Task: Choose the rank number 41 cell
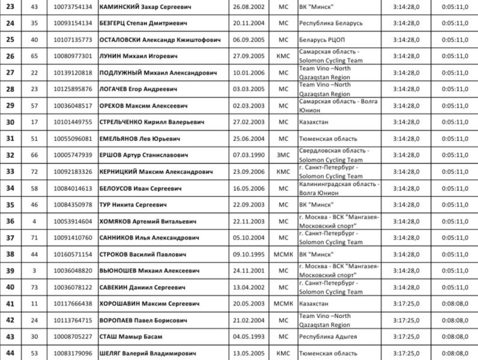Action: (10, 304)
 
